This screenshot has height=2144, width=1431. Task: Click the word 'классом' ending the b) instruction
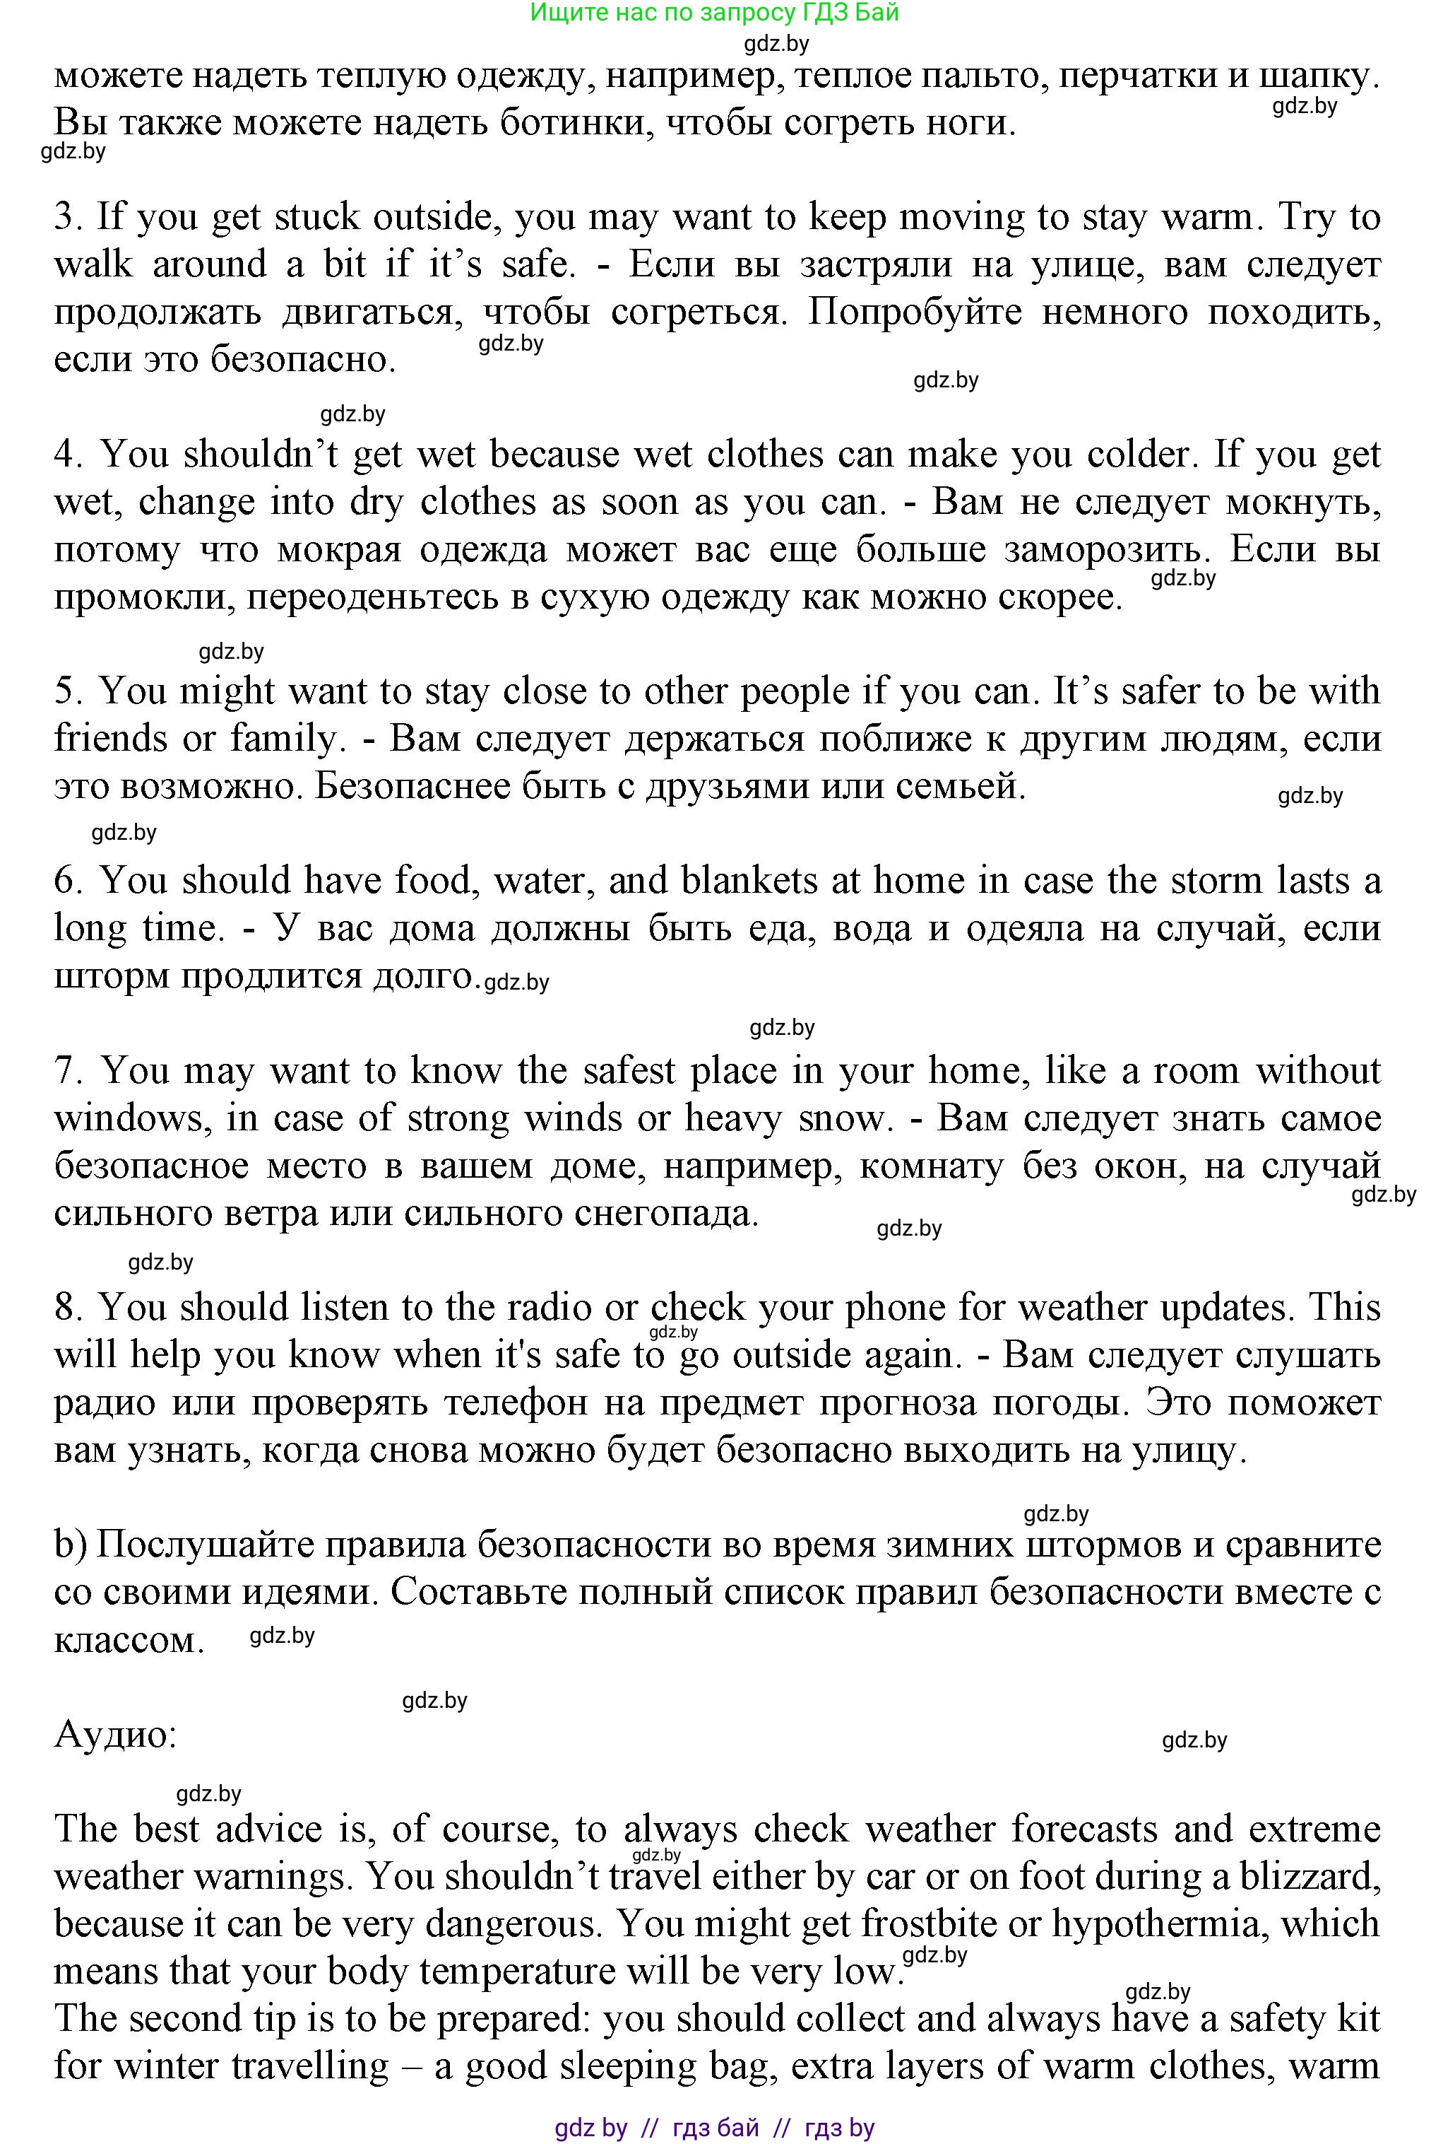click(128, 1641)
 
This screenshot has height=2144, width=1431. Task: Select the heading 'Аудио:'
click(115, 1734)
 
